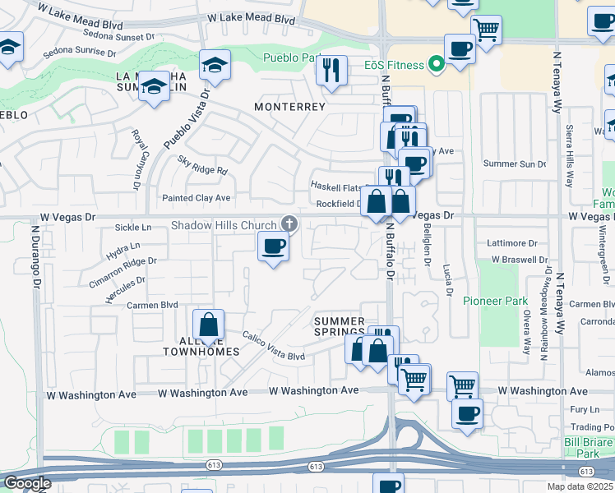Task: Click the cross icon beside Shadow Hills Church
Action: click(289, 223)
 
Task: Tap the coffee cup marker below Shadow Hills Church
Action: click(273, 246)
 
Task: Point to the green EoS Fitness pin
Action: click(436, 65)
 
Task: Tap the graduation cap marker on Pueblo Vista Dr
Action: click(215, 65)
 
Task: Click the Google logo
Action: click(26, 483)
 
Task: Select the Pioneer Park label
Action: click(494, 301)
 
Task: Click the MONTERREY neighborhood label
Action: click(289, 107)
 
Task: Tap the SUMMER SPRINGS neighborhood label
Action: click(340, 326)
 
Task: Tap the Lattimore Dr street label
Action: click(511, 243)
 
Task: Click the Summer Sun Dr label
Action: click(515, 164)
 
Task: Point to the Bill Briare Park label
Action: click(586, 448)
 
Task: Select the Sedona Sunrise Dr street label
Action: click(76, 51)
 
